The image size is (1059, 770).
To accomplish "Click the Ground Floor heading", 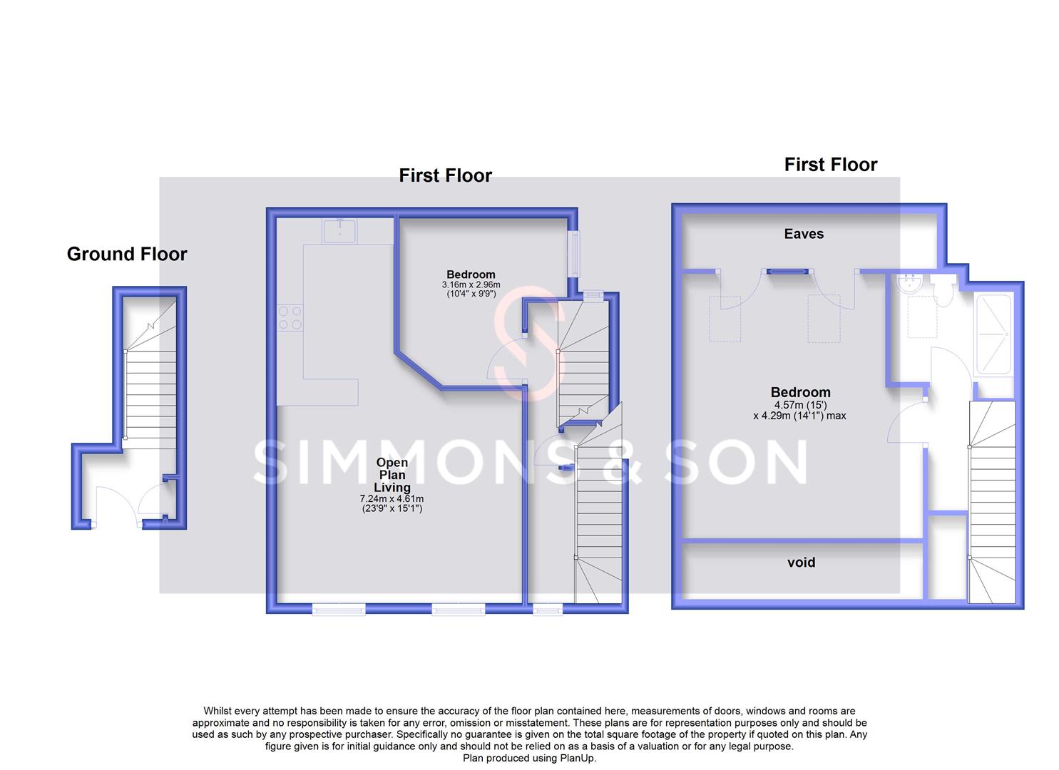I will (x=127, y=255).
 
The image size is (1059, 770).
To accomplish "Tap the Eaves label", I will (x=804, y=234).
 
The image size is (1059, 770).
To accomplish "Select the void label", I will (x=801, y=563).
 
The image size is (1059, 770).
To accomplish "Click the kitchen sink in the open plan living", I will (x=340, y=231).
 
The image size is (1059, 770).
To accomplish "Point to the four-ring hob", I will (x=290, y=317).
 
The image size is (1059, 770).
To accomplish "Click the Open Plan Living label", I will (x=392, y=475).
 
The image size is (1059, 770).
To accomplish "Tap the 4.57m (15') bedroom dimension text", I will (x=799, y=405).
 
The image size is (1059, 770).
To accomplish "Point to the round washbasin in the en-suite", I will (x=911, y=284).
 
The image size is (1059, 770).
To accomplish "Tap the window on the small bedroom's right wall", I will (x=573, y=253).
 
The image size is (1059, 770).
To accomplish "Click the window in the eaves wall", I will (x=788, y=271).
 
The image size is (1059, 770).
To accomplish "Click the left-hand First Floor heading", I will (x=445, y=175).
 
